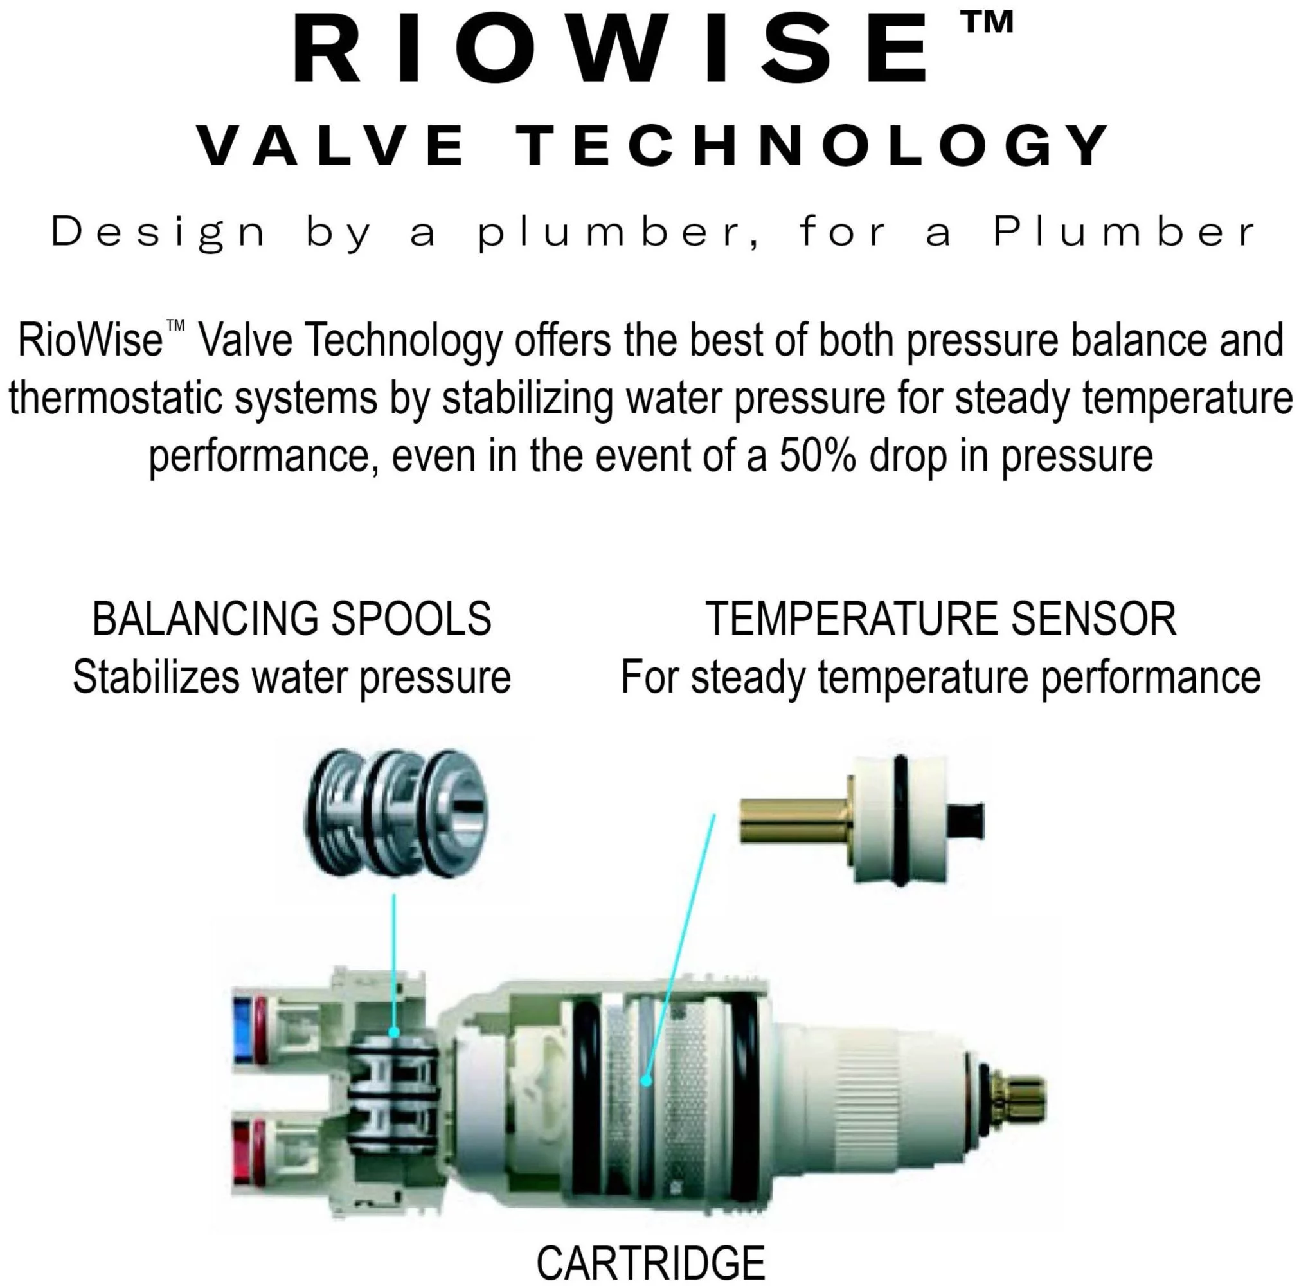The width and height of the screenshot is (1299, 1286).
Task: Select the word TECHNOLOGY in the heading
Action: pos(814,147)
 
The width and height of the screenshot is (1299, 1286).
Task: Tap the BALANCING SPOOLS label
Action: pos(292,619)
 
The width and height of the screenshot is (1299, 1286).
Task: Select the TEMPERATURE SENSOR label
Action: pos(940,619)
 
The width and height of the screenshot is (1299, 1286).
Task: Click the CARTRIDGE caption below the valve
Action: pos(650,1262)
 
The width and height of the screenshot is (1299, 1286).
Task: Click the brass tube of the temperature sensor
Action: pos(794,820)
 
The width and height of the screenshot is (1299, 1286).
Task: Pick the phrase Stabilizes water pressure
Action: pos(292,677)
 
